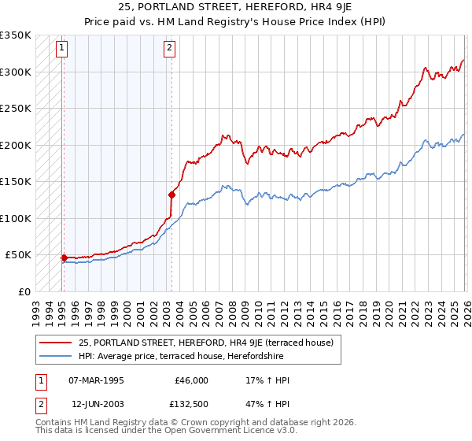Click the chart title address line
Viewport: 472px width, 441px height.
[x=236, y=8]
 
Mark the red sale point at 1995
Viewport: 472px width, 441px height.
[x=64, y=258]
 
